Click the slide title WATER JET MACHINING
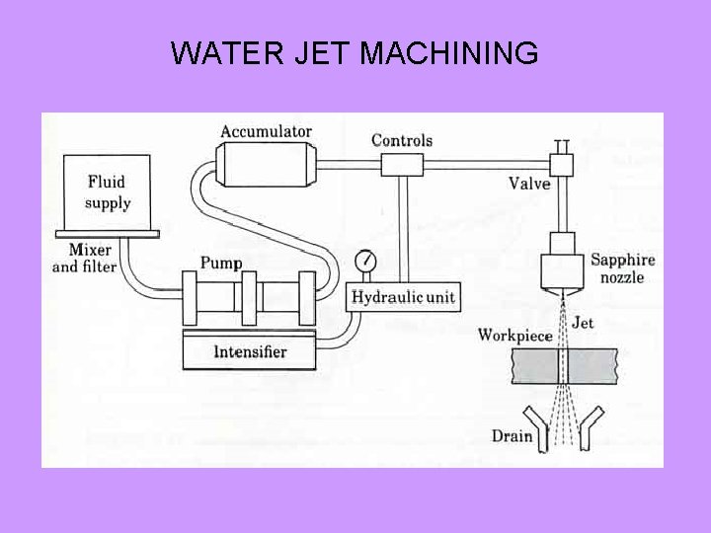tap(355, 53)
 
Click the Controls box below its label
tap(401, 165)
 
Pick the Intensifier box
tap(249, 350)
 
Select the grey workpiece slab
tap(557, 368)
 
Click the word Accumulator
tap(266, 131)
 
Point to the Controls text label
tap(402, 140)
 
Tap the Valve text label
tap(530, 183)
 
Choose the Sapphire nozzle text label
tap(623, 269)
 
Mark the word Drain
tap(512, 436)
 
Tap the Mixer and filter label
tap(85, 259)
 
